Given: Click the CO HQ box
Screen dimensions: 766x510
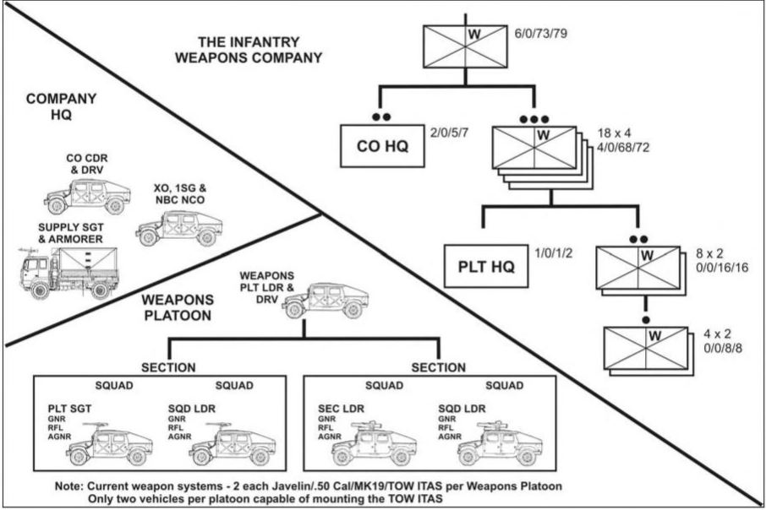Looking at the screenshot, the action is click(x=382, y=146).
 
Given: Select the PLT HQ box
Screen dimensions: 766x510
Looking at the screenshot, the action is click(x=486, y=267).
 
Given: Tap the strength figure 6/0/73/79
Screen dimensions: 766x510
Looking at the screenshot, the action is click(x=541, y=34).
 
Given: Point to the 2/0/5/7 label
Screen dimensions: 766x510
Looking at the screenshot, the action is click(x=450, y=133).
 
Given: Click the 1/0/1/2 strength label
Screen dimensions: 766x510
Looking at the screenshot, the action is click(x=554, y=252).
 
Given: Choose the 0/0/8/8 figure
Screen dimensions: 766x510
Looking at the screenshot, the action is click(x=723, y=349).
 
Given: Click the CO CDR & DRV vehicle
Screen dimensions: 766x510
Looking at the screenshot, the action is click(x=87, y=197).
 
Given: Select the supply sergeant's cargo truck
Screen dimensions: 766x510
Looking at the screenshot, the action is click(x=68, y=273).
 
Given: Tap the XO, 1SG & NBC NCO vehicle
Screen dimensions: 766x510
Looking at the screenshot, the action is click(x=178, y=228).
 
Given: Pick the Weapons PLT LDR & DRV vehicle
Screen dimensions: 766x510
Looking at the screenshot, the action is click(x=325, y=301).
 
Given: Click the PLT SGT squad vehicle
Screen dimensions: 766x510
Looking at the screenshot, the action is click(x=109, y=443).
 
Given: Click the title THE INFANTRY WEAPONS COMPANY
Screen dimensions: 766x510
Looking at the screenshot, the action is click(x=249, y=50).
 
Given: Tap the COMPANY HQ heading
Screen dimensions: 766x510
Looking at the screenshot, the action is click(x=61, y=106).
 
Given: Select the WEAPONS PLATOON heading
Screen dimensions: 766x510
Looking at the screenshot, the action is click(x=178, y=307).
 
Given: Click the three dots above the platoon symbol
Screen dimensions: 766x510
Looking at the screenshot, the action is click(x=534, y=119).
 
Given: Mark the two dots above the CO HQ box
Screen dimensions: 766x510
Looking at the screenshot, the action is click(x=381, y=117).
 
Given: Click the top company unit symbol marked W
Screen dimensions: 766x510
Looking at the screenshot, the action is click(x=464, y=46).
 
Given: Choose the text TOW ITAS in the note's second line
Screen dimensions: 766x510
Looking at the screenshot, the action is click(x=413, y=499).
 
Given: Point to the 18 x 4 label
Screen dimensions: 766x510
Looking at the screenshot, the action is click(x=614, y=133).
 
